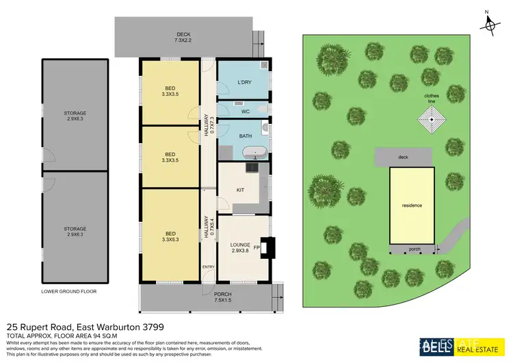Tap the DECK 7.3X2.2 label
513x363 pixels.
pyautogui.click(x=183, y=38)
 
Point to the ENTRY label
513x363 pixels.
pyautogui.click(x=208, y=266)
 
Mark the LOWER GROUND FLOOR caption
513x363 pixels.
pyautogui.click(x=69, y=291)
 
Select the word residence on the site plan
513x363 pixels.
pyautogui.click(x=412, y=205)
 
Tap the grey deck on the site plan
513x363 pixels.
pyautogui.click(x=404, y=157)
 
